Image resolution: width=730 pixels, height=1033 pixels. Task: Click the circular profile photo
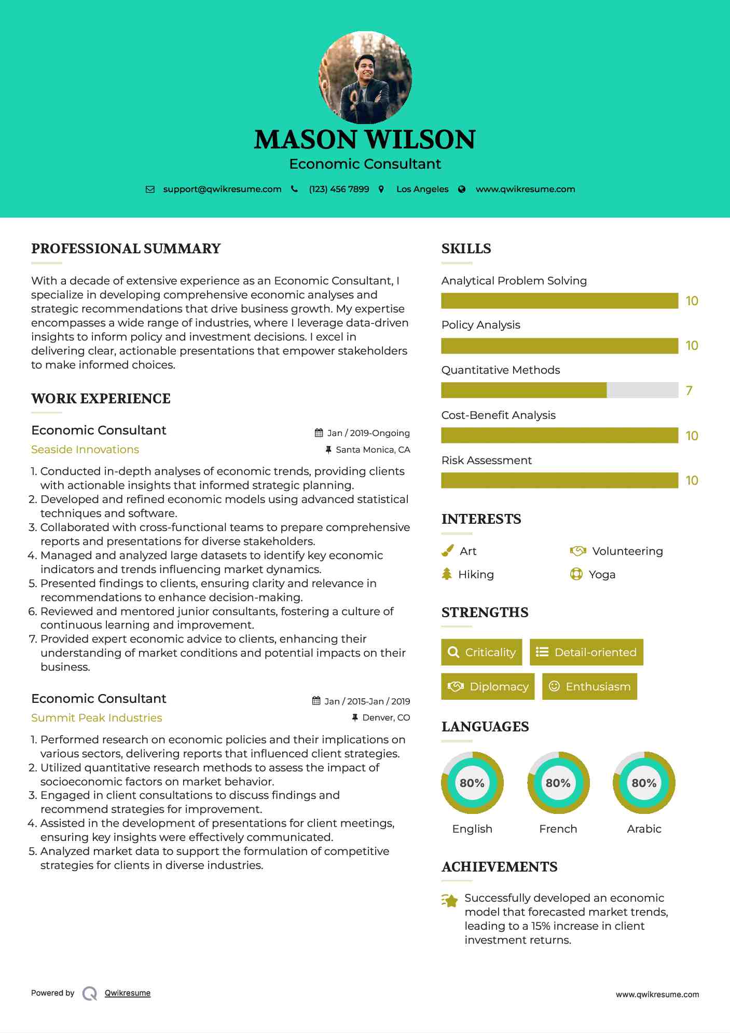365,78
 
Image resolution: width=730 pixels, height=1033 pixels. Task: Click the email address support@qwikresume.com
222,189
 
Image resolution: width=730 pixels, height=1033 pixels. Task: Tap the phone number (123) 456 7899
339,189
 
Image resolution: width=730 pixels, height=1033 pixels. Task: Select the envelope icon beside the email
150,189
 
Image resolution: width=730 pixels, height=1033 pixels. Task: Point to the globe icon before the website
462,189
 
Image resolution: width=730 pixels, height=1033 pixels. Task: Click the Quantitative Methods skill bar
559,390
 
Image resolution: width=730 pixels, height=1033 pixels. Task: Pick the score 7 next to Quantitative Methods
689,391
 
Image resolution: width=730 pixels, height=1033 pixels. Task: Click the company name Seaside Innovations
85,450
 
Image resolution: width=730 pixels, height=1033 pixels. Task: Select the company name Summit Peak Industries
97,718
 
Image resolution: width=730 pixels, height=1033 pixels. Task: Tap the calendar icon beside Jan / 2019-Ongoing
319,433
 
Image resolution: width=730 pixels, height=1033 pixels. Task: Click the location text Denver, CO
386,718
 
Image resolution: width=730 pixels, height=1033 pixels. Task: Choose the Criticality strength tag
481,653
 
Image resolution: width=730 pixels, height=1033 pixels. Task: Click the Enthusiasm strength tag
589,687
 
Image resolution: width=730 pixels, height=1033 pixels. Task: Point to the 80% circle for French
558,783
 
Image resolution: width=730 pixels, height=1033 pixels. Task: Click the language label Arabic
644,829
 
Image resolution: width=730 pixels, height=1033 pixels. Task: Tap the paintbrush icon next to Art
448,551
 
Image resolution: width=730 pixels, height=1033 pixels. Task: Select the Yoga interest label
602,575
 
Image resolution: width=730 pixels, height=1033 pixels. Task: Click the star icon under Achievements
450,901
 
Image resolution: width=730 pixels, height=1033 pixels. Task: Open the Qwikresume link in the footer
128,993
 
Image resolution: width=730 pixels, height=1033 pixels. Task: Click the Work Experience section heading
101,399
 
